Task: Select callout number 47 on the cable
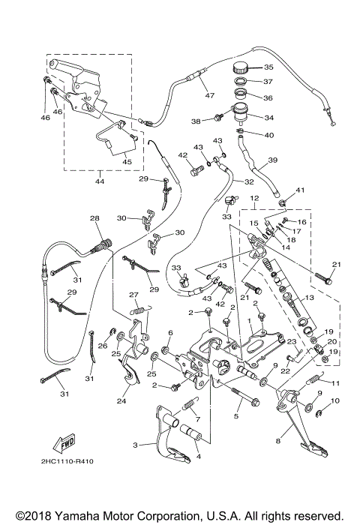[211, 96]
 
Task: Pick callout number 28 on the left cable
[94, 219]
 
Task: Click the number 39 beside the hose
[273, 160]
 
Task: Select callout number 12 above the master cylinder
[255, 199]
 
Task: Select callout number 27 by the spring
[133, 295]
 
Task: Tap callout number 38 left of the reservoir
[197, 121]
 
